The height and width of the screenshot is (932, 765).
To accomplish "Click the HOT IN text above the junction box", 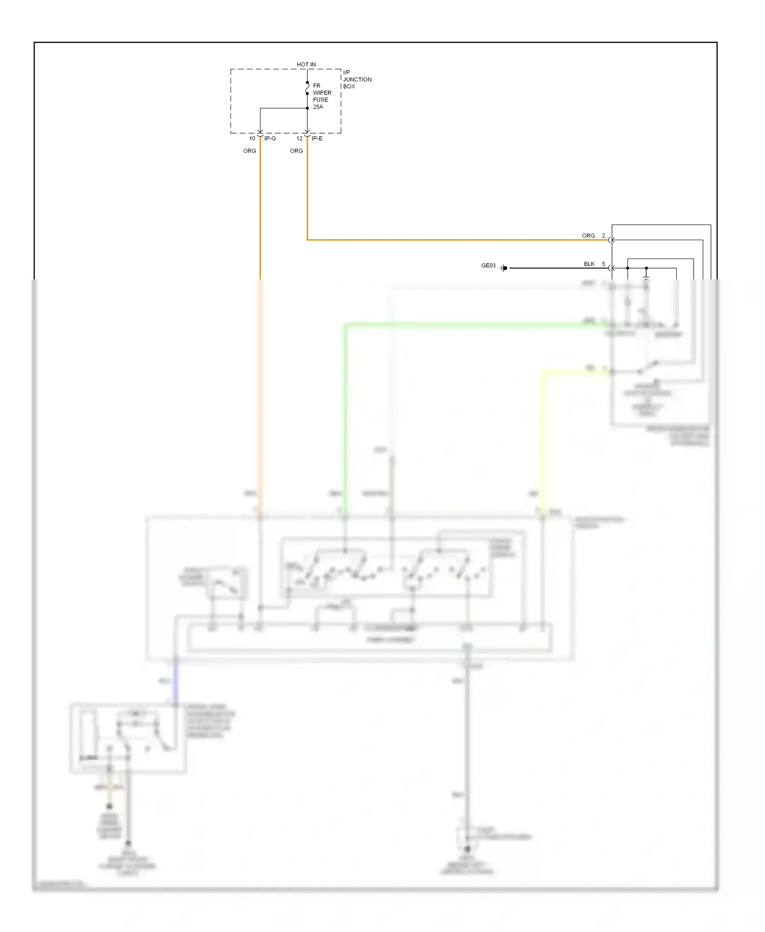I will point(306,64).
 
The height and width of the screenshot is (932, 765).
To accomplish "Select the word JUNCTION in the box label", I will point(357,80).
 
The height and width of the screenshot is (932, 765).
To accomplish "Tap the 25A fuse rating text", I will point(318,107).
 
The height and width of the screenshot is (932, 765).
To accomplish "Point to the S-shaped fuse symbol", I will point(307,89).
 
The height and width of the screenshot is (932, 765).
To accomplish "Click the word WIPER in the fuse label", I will point(322,93).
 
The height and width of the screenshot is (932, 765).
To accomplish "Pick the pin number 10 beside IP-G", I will point(252,139).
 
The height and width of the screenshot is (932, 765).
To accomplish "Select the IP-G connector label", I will point(270,139).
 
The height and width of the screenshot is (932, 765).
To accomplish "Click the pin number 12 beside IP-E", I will point(299,139).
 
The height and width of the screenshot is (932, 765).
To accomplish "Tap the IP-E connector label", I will point(317,139).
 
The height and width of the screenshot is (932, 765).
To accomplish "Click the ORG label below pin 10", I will point(249,151).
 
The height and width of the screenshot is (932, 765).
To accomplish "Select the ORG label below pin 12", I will point(296,151).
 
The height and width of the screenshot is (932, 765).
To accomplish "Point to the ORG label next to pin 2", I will point(588,236).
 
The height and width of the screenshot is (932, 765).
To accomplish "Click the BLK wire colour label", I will point(589,264).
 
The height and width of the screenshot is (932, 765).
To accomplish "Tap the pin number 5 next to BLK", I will point(603,264).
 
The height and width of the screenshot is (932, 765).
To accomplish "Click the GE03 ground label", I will point(488,266).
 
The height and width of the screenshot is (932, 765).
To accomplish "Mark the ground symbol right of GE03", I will point(503,268).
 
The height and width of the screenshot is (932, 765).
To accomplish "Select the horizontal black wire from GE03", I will point(556,268).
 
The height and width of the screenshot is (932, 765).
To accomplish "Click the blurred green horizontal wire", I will point(459,324).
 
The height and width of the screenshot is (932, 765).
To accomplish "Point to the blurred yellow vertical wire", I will point(543,438).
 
